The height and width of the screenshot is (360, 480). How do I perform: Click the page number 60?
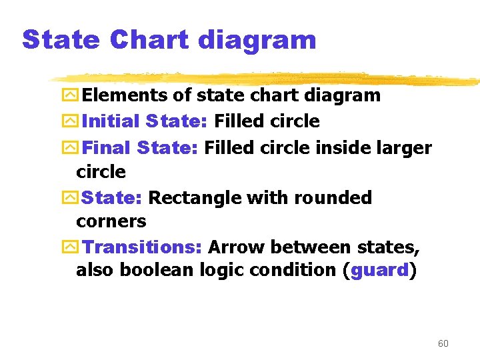click(443, 343)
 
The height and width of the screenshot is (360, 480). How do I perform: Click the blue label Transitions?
click(142, 247)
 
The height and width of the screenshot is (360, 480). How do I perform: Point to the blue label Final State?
click(141, 147)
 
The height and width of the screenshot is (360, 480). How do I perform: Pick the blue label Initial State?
click(144, 121)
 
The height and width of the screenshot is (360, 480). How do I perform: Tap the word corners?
click(111, 221)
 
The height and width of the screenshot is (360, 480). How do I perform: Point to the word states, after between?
click(390, 247)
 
